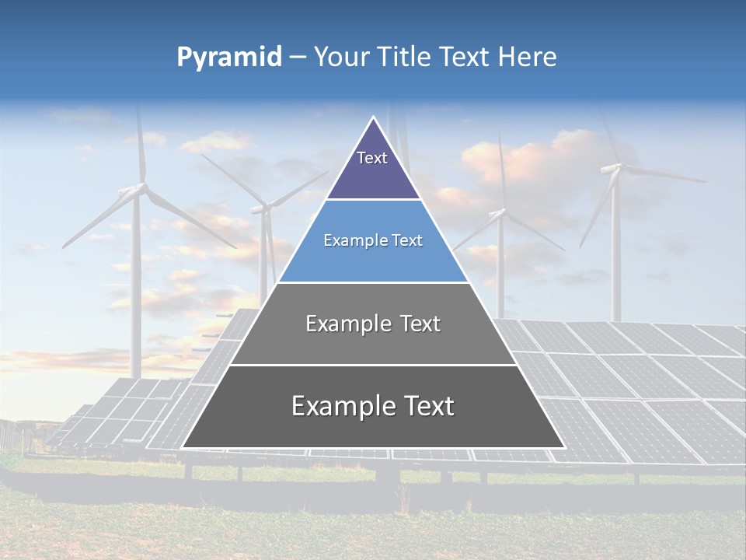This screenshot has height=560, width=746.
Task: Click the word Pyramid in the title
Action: point(229,58)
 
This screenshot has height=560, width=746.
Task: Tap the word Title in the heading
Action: point(406,58)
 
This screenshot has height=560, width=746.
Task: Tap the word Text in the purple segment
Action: point(372,158)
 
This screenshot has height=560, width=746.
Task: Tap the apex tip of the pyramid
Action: point(373,117)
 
